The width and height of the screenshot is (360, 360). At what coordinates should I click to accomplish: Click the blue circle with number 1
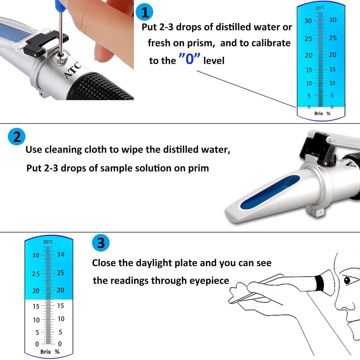[145, 12]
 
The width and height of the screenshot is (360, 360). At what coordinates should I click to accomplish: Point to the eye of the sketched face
[347, 280]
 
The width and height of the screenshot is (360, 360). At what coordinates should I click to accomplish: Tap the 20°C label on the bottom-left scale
[48, 242]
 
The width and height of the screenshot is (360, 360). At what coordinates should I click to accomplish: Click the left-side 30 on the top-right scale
[308, 21]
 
